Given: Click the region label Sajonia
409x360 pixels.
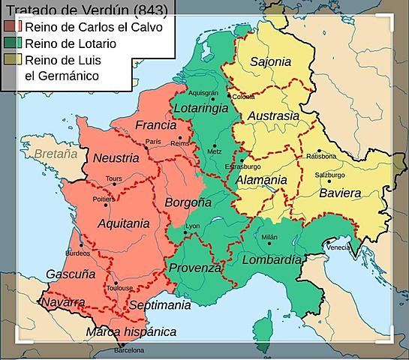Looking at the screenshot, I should coord(271,61).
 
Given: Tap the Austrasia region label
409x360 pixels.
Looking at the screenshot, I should coord(273,116).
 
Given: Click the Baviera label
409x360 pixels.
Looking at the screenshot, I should coord(340,193).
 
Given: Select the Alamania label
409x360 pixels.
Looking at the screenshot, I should coord(261,180).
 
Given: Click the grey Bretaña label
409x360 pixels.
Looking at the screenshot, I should coord(56,154).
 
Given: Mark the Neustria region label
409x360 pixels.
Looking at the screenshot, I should coord(116,158).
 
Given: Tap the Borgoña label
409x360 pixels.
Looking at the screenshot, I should coord(182,202).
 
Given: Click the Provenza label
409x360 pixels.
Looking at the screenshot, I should coord(195,268).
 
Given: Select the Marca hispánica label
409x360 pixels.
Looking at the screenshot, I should coord(131,331).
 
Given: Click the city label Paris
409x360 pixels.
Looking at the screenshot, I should coord(154,141).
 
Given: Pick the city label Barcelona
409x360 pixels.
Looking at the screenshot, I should coord(128,350).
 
